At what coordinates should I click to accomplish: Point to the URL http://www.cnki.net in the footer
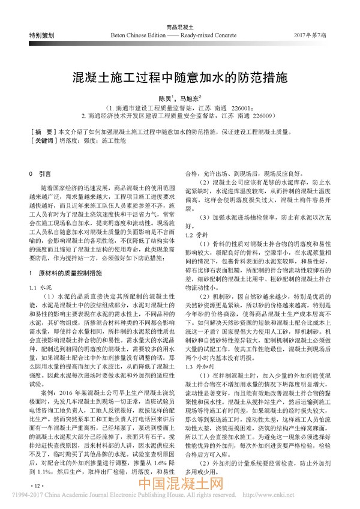click(326, 499)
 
